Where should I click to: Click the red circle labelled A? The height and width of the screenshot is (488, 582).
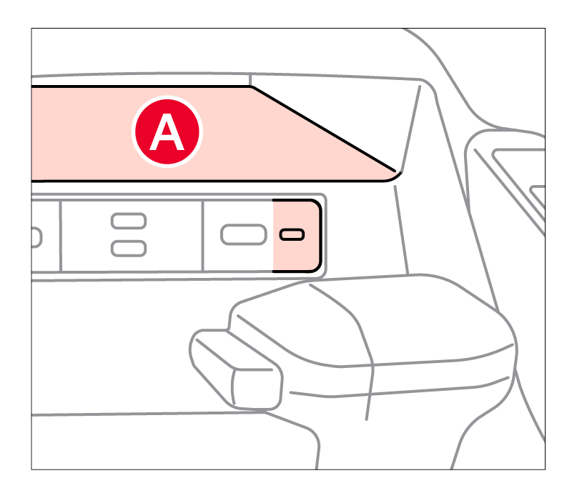[x=167, y=131]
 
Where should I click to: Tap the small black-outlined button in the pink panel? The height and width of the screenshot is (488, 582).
[x=292, y=235]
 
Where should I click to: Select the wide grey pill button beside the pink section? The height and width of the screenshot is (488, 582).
[x=244, y=235]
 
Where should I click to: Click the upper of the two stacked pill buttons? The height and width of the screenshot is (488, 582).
[x=129, y=221]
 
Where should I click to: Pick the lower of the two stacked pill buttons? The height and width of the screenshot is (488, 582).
[x=129, y=249]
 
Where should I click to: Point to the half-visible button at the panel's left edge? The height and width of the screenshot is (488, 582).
[x=36, y=237]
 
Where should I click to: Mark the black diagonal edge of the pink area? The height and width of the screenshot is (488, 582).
[x=324, y=129]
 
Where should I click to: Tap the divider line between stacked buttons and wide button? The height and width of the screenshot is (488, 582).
[x=202, y=236]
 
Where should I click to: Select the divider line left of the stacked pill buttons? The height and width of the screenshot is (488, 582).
[x=61, y=236]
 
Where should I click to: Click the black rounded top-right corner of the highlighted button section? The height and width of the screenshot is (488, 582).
[x=315, y=204]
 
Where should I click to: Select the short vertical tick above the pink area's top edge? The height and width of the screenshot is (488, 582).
[x=250, y=80]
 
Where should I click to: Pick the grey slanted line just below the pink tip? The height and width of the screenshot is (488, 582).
[x=402, y=230]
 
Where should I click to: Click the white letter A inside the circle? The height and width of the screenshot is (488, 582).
[x=167, y=132]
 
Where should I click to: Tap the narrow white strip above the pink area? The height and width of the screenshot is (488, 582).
[x=140, y=80]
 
